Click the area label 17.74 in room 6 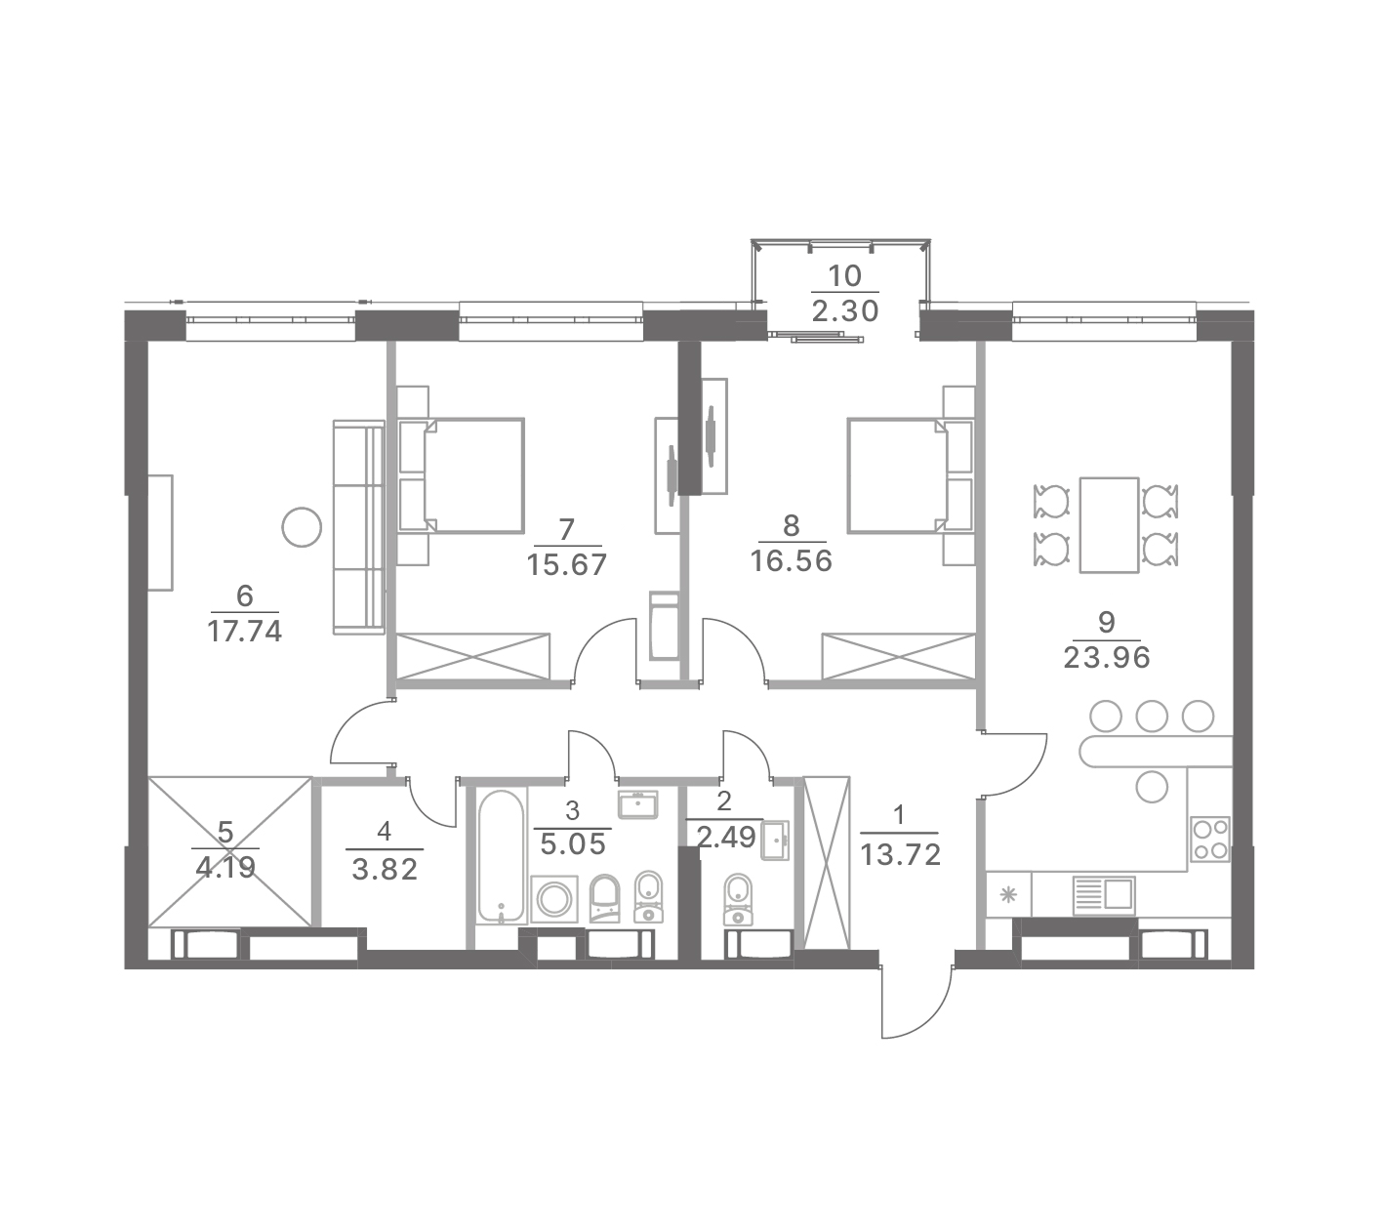[244, 632]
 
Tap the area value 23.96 [1107, 658]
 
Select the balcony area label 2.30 [845, 311]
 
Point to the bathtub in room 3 [501, 857]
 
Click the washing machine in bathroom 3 [554, 900]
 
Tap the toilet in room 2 [739, 899]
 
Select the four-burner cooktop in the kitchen [1209, 839]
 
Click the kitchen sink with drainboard [1104, 895]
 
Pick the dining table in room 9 [1109, 524]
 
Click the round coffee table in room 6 [302, 527]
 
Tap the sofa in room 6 [358, 527]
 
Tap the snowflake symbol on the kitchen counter [1008, 895]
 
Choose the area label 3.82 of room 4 [385, 870]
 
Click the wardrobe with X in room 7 [473, 656]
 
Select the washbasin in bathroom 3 [637, 804]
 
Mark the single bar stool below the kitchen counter [1152, 786]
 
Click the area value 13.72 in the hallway [900, 854]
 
